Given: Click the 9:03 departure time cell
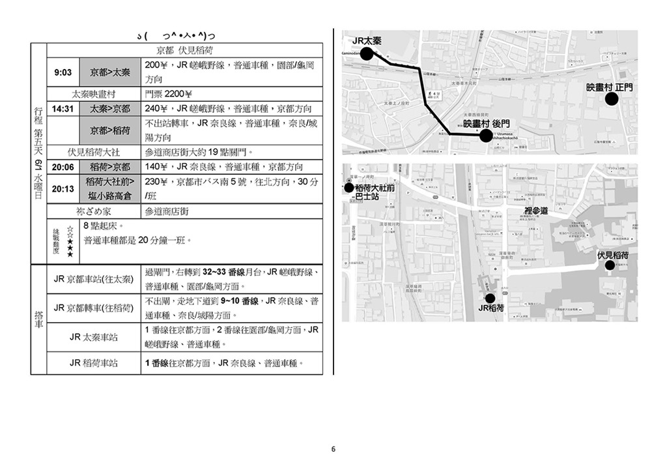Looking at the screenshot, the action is (x=63, y=72).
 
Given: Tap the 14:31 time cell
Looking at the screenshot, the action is (x=63, y=109).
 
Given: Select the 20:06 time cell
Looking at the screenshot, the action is (x=63, y=167).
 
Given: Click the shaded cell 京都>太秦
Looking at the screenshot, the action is (x=109, y=72).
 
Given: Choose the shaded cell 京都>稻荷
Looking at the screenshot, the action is (x=109, y=130).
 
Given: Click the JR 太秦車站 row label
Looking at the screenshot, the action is (x=94, y=337).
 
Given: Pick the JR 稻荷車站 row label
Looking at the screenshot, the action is (x=94, y=363).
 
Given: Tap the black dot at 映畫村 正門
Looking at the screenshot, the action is (x=611, y=99).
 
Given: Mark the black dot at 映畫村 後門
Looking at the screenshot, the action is (x=485, y=136).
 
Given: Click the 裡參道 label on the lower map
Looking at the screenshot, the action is (x=536, y=211).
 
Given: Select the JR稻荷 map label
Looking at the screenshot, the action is (x=492, y=308).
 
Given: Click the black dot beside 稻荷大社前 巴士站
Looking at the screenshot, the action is (x=349, y=188).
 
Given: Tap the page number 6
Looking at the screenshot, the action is (x=333, y=449).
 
